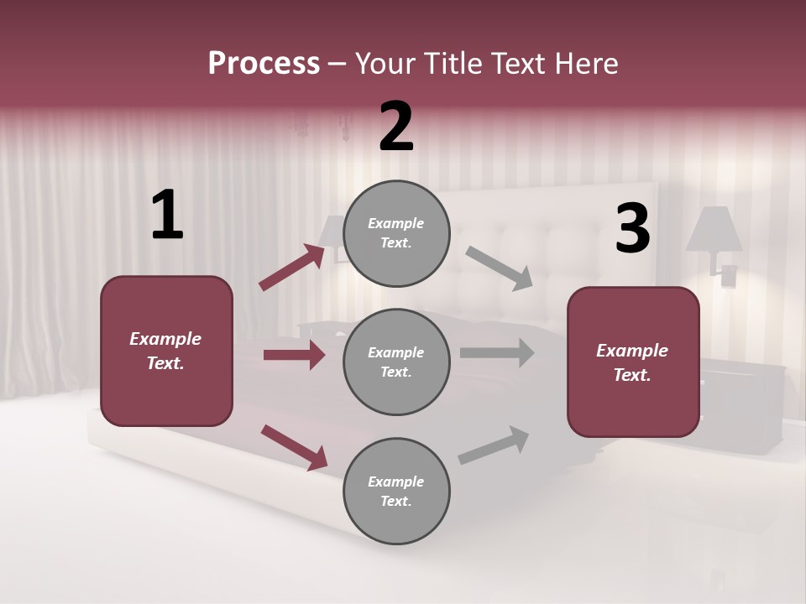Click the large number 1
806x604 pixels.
(x=167, y=216)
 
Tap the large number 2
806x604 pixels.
(x=396, y=127)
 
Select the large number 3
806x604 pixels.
(x=632, y=229)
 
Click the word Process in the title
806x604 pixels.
(x=264, y=63)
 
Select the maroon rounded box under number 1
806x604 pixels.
(x=166, y=351)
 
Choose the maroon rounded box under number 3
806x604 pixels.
(x=633, y=362)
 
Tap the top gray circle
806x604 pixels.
(x=396, y=232)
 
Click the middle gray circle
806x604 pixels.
(x=396, y=362)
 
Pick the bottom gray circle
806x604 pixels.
(x=396, y=491)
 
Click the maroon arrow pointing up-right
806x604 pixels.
(x=292, y=268)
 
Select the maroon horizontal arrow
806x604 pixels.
(x=294, y=355)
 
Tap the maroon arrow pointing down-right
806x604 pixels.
(x=294, y=446)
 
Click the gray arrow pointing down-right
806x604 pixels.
(x=500, y=268)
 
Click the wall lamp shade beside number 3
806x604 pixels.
(x=714, y=229)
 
